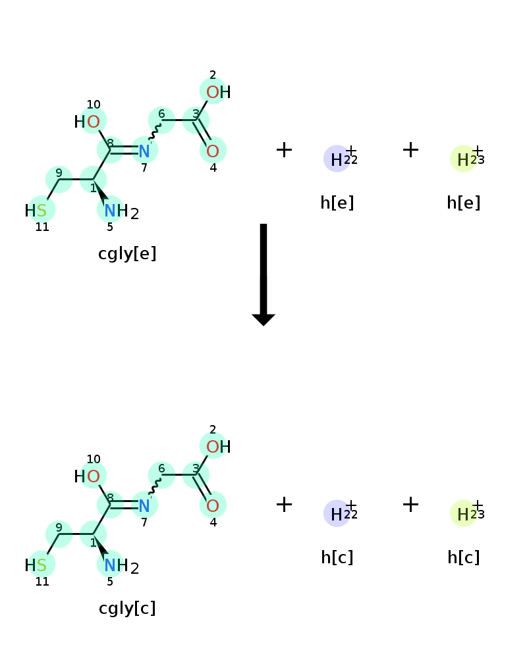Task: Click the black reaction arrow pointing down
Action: (x=263, y=274)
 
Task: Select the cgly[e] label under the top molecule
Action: (x=127, y=253)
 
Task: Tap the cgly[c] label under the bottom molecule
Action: (x=127, y=608)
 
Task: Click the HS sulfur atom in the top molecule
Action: (x=36, y=211)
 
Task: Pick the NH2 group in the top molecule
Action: (x=121, y=211)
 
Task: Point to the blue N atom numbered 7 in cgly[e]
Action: (x=144, y=151)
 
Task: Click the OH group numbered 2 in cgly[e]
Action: (x=218, y=92)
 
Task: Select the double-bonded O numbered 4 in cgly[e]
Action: (x=213, y=151)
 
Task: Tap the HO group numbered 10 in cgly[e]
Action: (x=87, y=122)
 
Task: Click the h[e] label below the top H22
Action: (x=337, y=203)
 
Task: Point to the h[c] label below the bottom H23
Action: (x=464, y=557)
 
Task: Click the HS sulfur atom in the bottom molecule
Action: (x=36, y=565)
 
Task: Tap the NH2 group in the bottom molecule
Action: (x=121, y=566)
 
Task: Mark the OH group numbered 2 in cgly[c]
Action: (x=218, y=447)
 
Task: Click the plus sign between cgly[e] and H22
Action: (x=284, y=150)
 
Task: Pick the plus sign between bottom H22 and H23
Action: (x=410, y=505)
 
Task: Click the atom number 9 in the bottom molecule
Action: (x=59, y=527)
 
